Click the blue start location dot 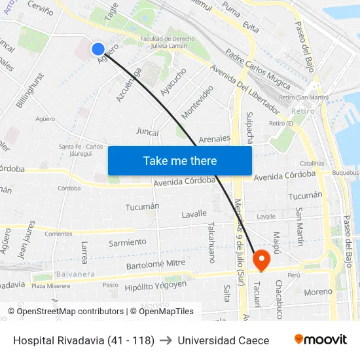98,48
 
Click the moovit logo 320,340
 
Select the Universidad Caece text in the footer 223,340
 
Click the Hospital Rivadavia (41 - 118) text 84,340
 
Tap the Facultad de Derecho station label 168,42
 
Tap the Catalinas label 312,163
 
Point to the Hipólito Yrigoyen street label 156,285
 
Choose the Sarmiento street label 128,242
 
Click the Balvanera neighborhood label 76,274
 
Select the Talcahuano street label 212,242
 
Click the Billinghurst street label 32,90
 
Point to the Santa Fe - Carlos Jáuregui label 81,149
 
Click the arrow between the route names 166,340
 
